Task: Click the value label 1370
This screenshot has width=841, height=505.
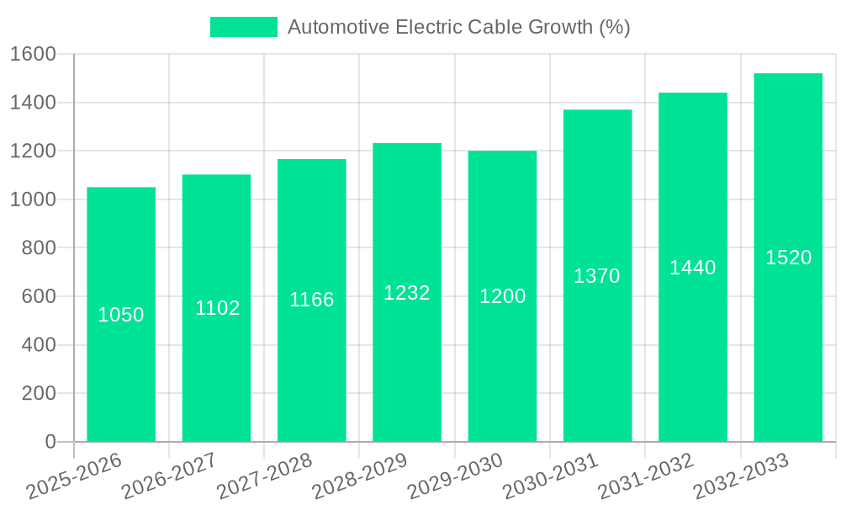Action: pyautogui.click(x=597, y=276)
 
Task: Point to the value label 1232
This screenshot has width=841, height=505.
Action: pyautogui.click(x=407, y=293)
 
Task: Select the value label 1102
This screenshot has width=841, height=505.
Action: pyautogui.click(x=218, y=308)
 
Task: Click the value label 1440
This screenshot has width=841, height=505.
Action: pyautogui.click(x=693, y=268)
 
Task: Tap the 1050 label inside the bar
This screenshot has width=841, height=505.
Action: pyautogui.click(x=121, y=315)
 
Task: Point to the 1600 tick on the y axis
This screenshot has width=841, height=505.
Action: pyautogui.click(x=33, y=55)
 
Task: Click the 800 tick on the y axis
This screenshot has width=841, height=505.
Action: pyautogui.click(x=39, y=248)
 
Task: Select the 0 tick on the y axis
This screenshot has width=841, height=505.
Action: pyautogui.click(x=50, y=442)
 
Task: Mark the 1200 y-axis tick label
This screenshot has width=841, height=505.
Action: pyautogui.click(x=33, y=151)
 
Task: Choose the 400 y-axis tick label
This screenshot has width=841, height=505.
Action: pyautogui.click(x=39, y=345)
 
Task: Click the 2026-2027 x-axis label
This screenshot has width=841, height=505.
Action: pyautogui.click(x=169, y=476)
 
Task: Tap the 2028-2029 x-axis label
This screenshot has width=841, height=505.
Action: pyautogui.click(x=360, y=476)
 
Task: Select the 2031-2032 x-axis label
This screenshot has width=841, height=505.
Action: pyautogui.click(x=646, y=476)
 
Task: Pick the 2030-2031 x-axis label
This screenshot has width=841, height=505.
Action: pyautogui.click(x=551, y=476)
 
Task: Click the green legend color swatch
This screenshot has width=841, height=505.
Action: pyautogui.click(x=244, y=27)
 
